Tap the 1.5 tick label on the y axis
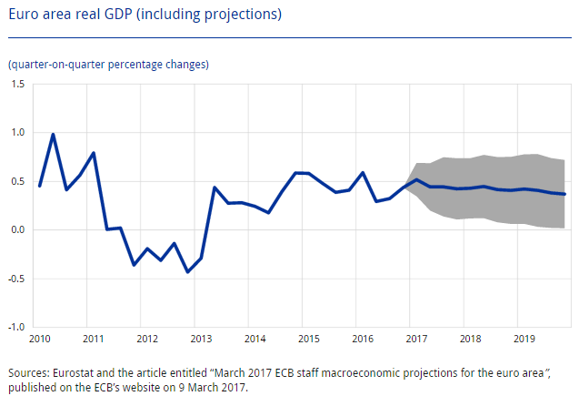[x=18, y=84]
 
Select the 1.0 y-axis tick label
[x=18, y=132]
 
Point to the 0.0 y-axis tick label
[x=18, y=229]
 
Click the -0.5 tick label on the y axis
[x=16, y=278]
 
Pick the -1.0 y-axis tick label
[x=16, y=326]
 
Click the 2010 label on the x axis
[x=40, y=339]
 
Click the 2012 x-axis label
[x=147, y=339]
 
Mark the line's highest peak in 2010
[x=53, y=135]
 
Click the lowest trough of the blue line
[x=187, y=271]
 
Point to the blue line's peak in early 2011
[x=94, y=153]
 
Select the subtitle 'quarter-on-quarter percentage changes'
[x=108, y=65]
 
